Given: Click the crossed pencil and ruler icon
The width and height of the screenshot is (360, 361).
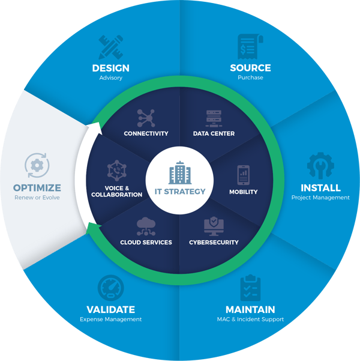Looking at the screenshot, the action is click(x=110, y=47).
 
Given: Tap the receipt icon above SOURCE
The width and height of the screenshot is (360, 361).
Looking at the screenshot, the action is click(x=250, y=46).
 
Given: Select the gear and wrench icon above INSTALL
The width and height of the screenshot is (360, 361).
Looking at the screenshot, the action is click(x=320, y=166).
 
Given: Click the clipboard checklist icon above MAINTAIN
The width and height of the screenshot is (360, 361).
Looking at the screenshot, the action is click(x=250, y=288).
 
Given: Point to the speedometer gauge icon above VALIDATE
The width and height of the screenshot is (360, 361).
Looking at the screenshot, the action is click(x=110, y=288).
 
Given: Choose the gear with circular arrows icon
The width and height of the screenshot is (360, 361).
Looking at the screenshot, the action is click(x=37, y=165).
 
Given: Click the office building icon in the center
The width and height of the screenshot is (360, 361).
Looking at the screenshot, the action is click(x=180, y=172).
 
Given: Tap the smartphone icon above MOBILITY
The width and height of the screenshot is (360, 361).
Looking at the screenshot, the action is click(x=244, y=175).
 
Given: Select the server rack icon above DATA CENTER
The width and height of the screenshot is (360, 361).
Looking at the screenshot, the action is click(x=214, y=118).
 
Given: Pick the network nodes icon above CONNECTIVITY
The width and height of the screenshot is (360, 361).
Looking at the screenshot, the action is click(x=146, y=118).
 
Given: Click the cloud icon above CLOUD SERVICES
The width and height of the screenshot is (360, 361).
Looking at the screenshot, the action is click(x=146, y=226).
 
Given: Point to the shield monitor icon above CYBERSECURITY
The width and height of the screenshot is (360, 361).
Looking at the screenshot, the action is click(x=214, y=226).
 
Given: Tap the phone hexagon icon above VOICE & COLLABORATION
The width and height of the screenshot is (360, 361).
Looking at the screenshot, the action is click(x=117, y=171).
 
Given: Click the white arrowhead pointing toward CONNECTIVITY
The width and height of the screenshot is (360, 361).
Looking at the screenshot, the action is click(x=97, y=128).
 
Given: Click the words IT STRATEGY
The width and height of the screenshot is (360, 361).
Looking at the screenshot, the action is click(x=180, y=192).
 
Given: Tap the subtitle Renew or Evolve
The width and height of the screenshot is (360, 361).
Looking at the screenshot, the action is click(x=37, y=198).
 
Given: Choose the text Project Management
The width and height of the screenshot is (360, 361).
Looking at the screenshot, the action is click(x=320, y=198).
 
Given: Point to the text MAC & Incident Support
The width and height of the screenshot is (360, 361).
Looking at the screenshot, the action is click(x=250, y=320).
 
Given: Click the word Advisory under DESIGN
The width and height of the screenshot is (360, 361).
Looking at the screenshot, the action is click(x=110, y=78).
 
